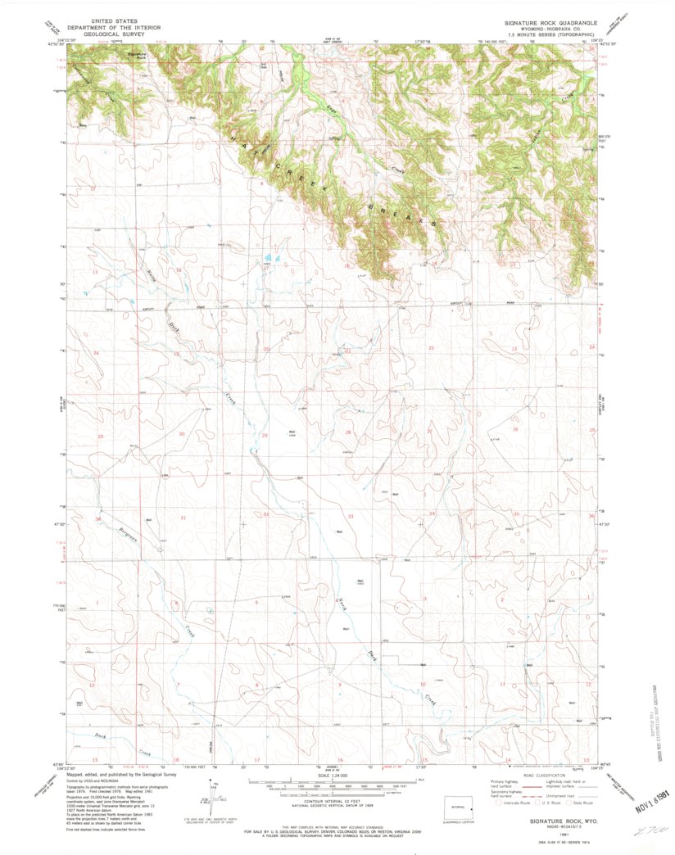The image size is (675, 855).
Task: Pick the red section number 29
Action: coord(264,435)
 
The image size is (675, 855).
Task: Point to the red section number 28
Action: coord(347,432)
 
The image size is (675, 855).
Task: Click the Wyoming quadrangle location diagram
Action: coord(456,803)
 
